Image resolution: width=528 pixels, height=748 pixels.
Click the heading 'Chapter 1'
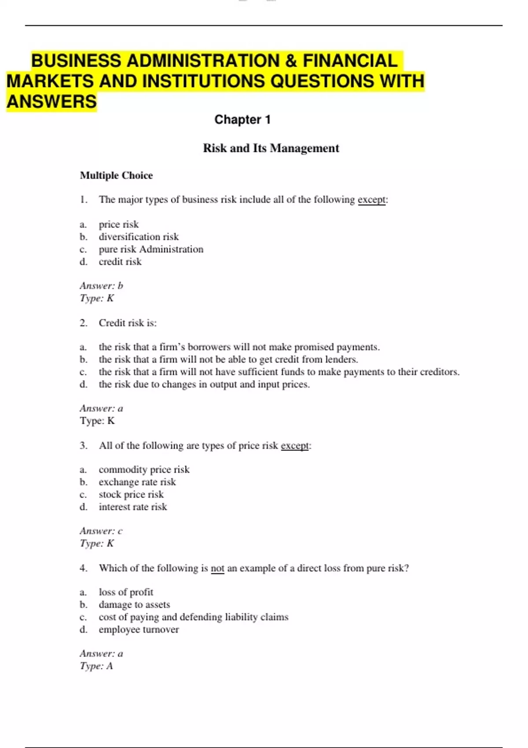point(242,120)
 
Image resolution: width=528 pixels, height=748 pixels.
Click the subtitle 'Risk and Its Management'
point(271,148)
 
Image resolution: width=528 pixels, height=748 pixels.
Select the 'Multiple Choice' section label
point(116,176)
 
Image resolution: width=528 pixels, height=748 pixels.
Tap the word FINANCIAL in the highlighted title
point(350,61)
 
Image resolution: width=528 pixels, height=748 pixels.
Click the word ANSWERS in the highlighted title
point(51,102)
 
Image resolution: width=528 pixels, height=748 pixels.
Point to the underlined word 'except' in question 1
point(371,200)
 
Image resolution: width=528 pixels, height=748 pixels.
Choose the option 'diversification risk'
point(139,237)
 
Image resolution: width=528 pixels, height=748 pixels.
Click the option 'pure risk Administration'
point(151,249)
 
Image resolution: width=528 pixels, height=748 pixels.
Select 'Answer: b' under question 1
point(101,286)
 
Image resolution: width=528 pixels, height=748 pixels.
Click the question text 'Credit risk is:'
point(128,323)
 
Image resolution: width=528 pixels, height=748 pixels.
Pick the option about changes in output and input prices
point(204,385)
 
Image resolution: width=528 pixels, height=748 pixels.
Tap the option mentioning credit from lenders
point(228,359)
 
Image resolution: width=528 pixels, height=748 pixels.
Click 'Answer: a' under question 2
point(101,409)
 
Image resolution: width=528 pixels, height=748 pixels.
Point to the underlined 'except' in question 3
point(295,446)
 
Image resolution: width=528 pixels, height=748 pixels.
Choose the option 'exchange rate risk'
point(137,482)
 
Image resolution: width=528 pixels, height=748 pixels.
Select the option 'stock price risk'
point(131,495)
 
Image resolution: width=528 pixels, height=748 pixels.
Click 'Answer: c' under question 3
point(101,531)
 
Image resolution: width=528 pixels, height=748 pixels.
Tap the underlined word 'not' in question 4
point(217,568)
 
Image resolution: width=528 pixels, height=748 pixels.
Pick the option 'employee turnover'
point(139,630)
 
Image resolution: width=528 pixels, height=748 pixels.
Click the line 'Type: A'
point(96,666)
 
